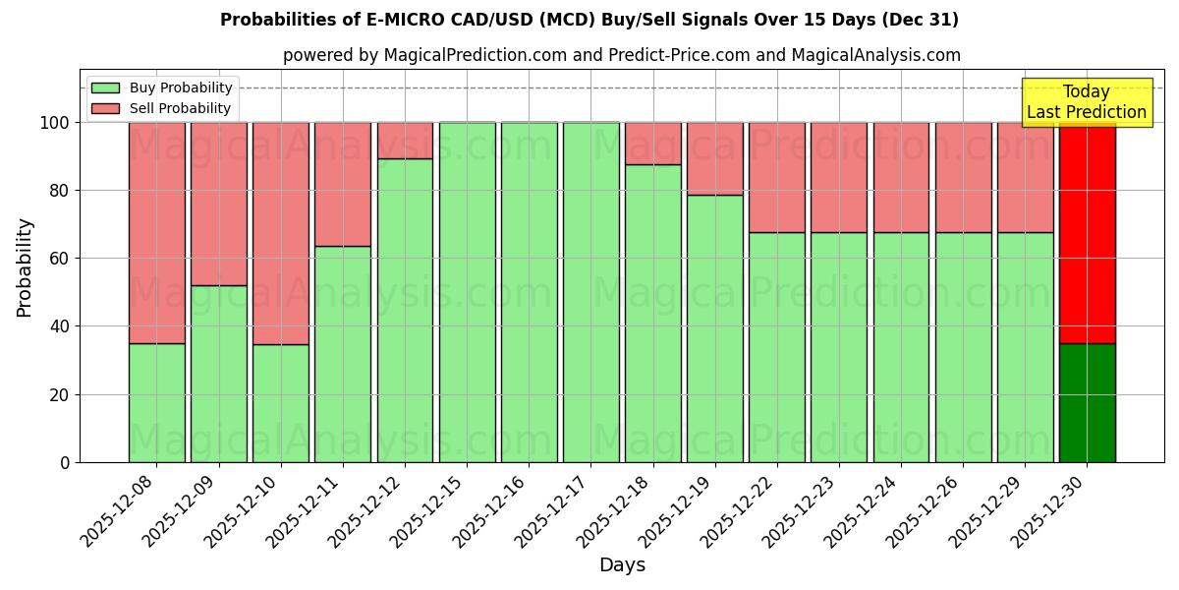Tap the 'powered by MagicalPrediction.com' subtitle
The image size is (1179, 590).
pyautogui.click(x=621, y=55)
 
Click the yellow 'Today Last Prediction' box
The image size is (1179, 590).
pyautogui.click(x=1086, y=102)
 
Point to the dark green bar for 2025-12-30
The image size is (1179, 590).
pyautogui.click(x=1087, y=402)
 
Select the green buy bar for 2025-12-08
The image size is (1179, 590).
pyautogui.click(x=156, y=402)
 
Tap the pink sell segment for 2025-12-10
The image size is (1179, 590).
pyautogui.click(x=281, y=233)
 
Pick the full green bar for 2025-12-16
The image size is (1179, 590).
pyautogui.click(x=529, y=292)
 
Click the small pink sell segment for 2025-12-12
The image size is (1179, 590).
pyautogui.click(x=405, y=141)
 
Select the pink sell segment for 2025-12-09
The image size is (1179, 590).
pyautogui.click(x=218, y=204)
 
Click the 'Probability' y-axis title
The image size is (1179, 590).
pyautogui.click(x=25, y=266)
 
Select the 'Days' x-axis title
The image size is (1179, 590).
pyautogui.click(x=621, y=565)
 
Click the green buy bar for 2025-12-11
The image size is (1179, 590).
pyautogui.click(x=343, y=354)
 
